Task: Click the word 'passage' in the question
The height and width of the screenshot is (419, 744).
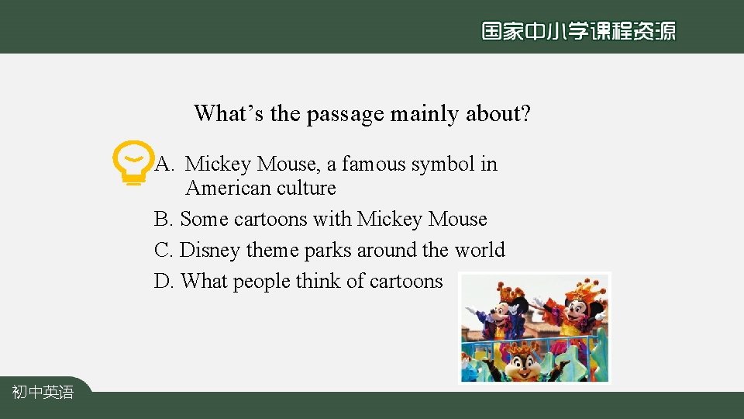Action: [345, 114]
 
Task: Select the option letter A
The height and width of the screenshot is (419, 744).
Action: [163, 164]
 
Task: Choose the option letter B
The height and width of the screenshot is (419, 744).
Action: [163, 220]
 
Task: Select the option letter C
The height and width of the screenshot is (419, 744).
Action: [163, 251]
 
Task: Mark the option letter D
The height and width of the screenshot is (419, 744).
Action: [164, 282]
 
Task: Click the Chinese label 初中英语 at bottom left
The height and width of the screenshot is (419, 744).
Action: [43, 393]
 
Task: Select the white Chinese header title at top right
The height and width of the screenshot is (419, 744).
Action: [578, 31]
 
